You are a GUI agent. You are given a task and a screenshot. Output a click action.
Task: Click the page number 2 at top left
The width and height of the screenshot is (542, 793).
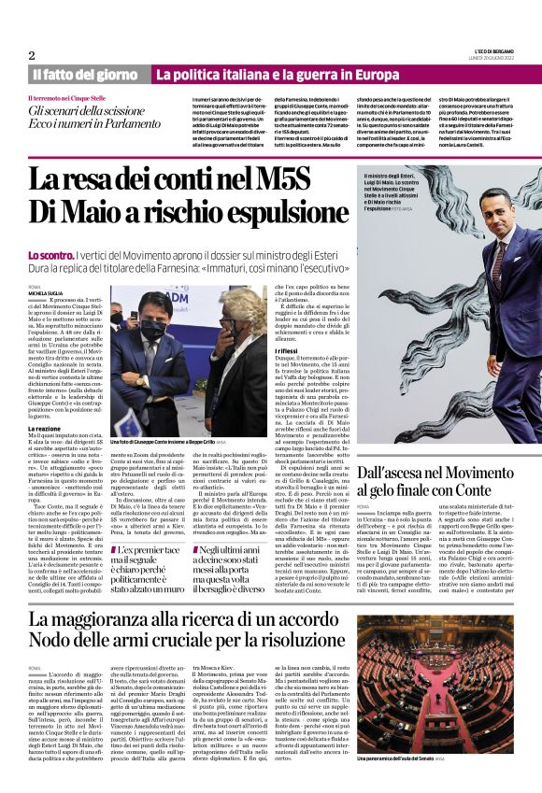(x=32, y=55)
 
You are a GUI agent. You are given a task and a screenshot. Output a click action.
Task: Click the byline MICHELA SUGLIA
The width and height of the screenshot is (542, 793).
(x=47, y=292)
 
